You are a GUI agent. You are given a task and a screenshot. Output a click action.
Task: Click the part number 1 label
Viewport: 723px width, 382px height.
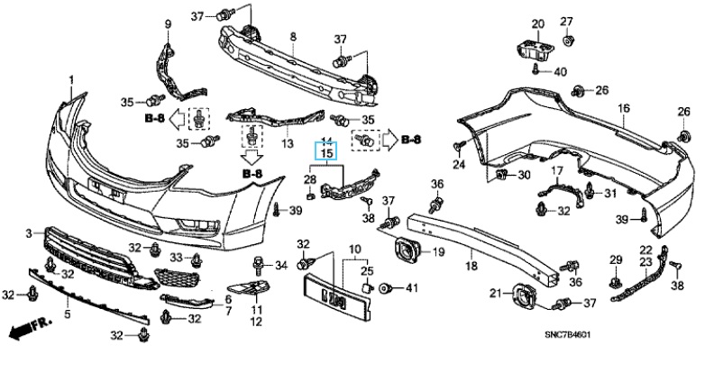tap(71, 81)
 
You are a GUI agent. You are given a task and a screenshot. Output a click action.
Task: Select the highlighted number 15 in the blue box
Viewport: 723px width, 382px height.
tap(326, 153)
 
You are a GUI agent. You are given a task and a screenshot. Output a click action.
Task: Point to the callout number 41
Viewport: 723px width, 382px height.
tap(413, 288)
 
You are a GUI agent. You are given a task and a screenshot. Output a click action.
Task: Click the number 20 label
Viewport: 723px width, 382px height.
tap(537, 23)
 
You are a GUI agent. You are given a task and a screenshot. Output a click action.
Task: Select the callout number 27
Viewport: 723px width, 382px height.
tap(567, 22)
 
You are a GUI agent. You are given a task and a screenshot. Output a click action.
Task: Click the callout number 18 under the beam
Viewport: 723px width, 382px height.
tap(470, 267)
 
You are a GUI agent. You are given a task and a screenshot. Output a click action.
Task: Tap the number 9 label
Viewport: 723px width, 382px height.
tap(167, 22)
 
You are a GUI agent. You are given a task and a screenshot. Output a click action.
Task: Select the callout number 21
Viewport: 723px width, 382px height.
tap(495, 293)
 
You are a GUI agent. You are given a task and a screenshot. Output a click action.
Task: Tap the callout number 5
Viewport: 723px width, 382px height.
tap(67, 314)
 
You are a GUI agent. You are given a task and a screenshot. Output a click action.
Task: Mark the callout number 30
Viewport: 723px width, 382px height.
tap(524, 175)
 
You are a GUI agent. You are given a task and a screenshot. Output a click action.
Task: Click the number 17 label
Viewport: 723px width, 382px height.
tap(557, 170)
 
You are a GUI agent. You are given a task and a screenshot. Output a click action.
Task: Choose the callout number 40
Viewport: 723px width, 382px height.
tap(560, 72)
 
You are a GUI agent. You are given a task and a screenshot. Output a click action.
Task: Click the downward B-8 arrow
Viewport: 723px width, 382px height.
tap(252, 165)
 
